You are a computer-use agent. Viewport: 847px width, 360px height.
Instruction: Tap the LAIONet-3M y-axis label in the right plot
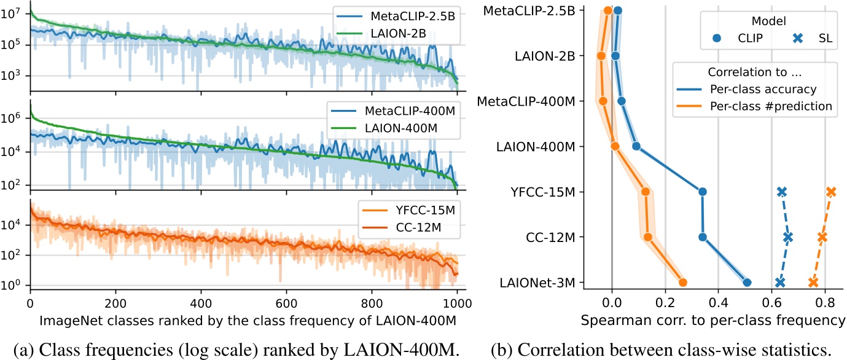[x=542, y=283]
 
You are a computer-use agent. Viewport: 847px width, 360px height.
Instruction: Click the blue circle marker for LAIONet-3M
[x=747, y=283]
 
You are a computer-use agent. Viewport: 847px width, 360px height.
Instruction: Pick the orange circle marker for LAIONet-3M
[x=682, y=283]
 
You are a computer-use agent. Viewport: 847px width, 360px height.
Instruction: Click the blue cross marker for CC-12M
[x=788, y=237]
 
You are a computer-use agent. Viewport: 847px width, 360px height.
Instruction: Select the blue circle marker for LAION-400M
[x=636, y=146]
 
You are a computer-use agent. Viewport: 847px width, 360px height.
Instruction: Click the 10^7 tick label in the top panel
[x=14, y=13]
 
